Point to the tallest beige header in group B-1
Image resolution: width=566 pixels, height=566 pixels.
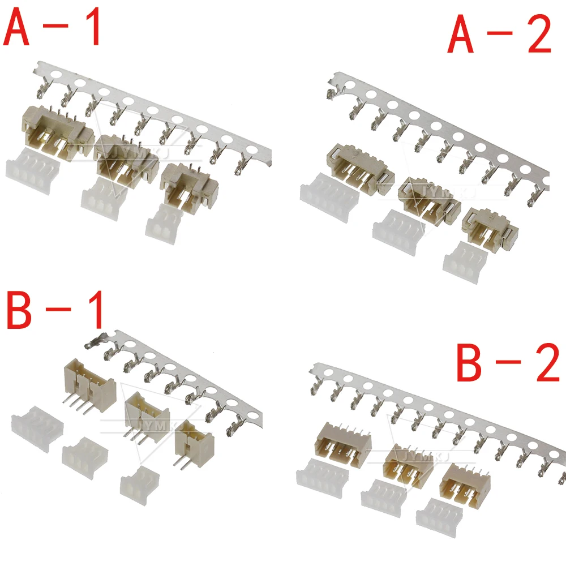88,382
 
